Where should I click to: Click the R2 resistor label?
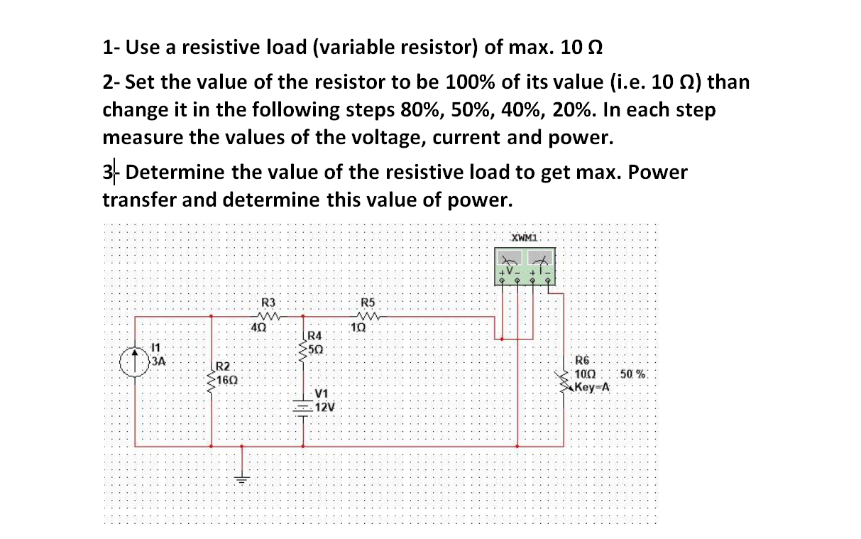click(x=223, y=366)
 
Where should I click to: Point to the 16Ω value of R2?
click(x=228, y=380)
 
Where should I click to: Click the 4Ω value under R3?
click(x=259, y=328)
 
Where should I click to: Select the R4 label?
click(x=314, y=335)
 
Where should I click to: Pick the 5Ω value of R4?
click(x=317, y=349)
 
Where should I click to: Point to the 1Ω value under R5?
click(x=358, y=328)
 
